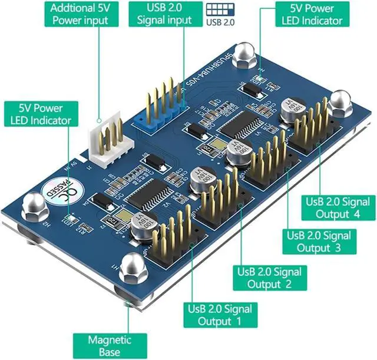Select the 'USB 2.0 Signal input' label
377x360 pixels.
coord(164,14)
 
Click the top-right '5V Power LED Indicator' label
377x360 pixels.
coord(316,14)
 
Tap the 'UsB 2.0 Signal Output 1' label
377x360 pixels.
coord(220,315)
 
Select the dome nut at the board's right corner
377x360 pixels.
coord(339,103)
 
